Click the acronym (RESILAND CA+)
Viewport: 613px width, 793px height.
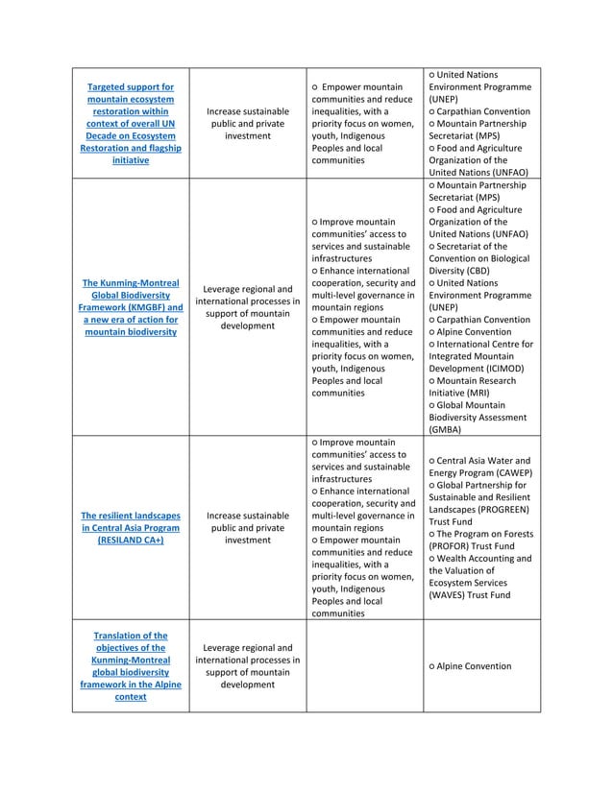tap(130, 541)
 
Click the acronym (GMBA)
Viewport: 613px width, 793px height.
tap(444, 430)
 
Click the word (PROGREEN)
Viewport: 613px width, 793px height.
tap(498, 510)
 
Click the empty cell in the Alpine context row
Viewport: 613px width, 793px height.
tap(364, 666)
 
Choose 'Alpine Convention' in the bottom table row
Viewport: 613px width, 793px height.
tap(475, 666)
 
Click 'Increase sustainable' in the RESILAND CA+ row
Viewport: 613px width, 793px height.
tap(247, 515)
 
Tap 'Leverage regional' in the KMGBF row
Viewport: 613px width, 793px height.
tap(247, 289)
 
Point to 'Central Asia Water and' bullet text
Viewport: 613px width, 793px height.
tap(485, 460)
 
